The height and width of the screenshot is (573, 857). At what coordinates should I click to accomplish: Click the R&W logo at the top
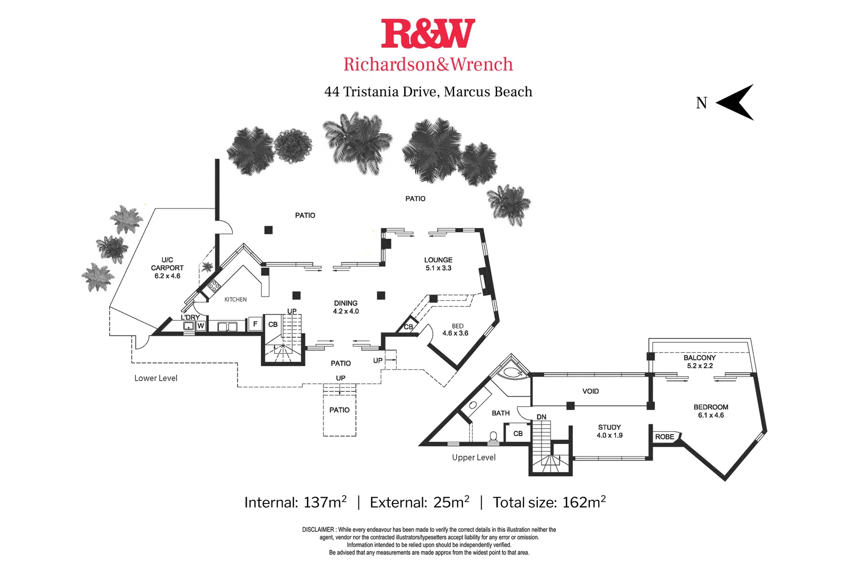click(x=427, y=33)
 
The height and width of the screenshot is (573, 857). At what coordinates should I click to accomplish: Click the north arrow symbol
click(x=735, y=102)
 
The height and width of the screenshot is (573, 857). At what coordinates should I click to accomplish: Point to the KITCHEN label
click(x=235, y=300)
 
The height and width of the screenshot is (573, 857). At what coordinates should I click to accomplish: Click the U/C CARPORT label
click(x=167, y=268)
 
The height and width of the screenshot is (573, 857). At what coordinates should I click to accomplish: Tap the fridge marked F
click(x=255, y=324)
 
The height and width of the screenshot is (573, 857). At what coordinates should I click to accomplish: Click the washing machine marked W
click(x=200, y=326)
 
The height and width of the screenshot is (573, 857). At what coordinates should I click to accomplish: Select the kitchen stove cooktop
click(x=214, y=286)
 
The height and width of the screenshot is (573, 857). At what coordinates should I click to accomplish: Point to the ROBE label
click(x=664, y=437)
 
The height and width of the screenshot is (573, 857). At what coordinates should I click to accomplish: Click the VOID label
click(x=590, y=391)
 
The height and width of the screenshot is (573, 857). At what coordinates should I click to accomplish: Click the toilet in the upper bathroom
click(x=493, y=437)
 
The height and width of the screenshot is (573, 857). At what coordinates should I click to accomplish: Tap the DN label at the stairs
click(x=541, y=417)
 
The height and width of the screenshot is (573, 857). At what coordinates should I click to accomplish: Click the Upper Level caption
click(x=474, y=457)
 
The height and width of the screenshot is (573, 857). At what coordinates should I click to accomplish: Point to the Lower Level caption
click(x=155, y=378)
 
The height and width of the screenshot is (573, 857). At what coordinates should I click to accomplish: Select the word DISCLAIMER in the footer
click(x=318, y=529)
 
